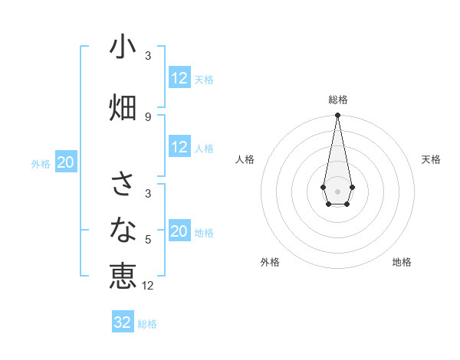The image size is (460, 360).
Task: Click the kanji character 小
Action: pos(123,47)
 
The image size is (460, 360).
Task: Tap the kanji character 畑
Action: pos(123,107)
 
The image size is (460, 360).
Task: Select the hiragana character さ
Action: pos(123,184)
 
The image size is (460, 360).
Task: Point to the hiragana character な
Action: pos(123,229)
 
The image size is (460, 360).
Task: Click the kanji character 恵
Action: pos(123,276)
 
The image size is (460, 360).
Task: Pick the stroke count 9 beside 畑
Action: pos(148,116)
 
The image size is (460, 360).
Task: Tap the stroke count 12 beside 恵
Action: pos(148,286)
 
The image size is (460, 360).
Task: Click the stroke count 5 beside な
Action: pos(148,240)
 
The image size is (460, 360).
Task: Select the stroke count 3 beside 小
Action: pos(148,56)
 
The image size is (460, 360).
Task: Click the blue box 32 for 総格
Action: pos(123,322)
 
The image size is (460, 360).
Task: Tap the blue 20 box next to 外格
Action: pos(65,162)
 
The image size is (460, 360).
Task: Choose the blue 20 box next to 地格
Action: pos(179,231)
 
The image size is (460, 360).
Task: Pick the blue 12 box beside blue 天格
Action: pos(179,78)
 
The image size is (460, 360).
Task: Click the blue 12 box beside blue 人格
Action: pos(179,148)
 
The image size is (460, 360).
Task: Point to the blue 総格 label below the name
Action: pos(147,324)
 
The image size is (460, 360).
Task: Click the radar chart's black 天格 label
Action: pos(431,159)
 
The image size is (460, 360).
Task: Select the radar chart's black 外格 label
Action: pos(270,262)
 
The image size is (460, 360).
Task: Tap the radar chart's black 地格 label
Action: pos(402,262)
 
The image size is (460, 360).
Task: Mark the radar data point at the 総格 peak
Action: pos(337,116)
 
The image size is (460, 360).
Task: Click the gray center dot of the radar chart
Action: pos(337,190)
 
